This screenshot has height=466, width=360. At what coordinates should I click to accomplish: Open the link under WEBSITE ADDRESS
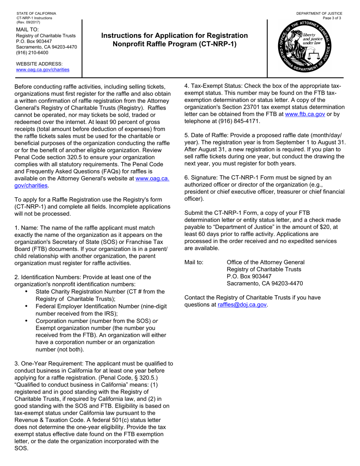[42, 70]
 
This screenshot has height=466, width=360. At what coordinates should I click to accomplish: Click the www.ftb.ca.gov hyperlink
[305, 114]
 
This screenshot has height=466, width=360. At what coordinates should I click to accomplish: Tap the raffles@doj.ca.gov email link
[243, 305]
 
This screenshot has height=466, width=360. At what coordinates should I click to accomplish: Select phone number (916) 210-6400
[32, 53]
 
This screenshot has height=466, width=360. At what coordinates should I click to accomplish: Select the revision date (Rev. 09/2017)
[28, 22]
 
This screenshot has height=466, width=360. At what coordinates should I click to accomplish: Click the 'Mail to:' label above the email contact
[194, 262]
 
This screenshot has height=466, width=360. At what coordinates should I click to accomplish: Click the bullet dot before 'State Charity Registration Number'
[26, 291]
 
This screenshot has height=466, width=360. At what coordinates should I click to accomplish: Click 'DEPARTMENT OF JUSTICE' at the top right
[319, 14]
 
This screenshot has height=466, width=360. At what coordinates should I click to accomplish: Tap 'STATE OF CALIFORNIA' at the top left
[36, 14]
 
